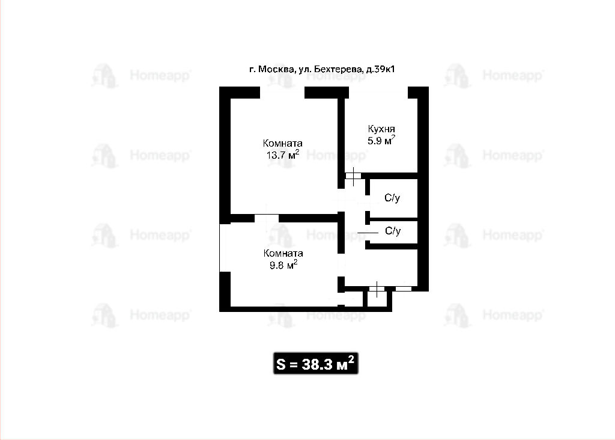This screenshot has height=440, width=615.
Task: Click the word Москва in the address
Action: [x=276, y=70]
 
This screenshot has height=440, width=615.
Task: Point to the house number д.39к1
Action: [x=380, y=70]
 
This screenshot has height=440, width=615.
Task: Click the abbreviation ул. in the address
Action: [x=304, y=70]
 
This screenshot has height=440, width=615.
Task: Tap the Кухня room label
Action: [x=381, y=129]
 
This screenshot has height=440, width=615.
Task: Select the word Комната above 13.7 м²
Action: [x=282, y=143]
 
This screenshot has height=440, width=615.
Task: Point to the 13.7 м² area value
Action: [x=283, y=154]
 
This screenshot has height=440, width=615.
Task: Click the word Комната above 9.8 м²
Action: [x=283, y=253]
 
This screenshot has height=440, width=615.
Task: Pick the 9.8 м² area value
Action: [x=283, y=265]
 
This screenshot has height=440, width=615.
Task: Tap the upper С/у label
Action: [x=392, y=198]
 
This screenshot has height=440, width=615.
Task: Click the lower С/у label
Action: [x=393, y=231]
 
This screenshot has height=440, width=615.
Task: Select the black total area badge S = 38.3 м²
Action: [x=316, y=364]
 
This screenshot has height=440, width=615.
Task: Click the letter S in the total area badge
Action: [x=281, y=365]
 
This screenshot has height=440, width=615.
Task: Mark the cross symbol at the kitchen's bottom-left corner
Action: [x=353, y=176]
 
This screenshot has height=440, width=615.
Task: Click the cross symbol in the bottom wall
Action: [x=377, y=289]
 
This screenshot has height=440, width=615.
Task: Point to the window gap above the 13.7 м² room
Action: [x=282, y=93]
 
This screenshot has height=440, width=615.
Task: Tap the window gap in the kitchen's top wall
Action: [x=378, y=93]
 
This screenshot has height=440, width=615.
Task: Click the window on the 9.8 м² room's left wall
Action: [x=225, y=248]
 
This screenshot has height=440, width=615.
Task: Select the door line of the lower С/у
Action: [x=368, y=233]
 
